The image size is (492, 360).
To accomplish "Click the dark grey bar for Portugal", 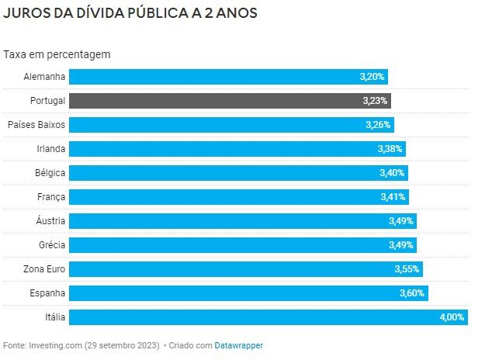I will point(230,101).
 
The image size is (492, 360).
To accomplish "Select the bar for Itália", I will point(268,317).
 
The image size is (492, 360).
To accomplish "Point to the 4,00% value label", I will point(452,317).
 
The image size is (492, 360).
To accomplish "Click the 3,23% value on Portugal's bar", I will point(375,101).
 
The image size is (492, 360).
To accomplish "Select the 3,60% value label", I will point(411,293).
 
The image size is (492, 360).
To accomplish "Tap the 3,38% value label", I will point(390,149).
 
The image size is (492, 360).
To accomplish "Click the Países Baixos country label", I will point(36,125).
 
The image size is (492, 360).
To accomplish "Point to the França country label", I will point(50,197).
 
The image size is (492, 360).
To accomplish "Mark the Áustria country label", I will point(50,221).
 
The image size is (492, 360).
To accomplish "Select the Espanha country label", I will point(47,293).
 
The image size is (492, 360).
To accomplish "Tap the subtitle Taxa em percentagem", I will point(57,54).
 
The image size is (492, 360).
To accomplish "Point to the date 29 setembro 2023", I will point(122,344).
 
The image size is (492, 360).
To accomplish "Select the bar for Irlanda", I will point(237,149).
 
